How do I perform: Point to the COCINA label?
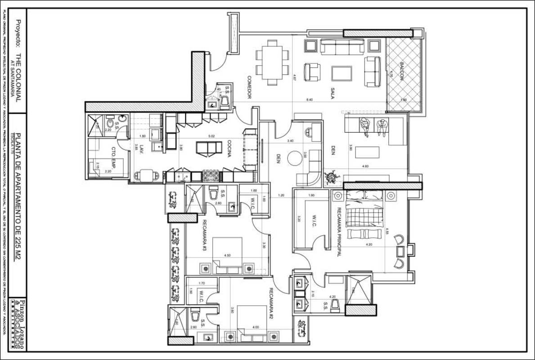click(229, 148)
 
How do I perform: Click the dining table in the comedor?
click(272, 62)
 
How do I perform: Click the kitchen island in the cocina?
click(209, 148)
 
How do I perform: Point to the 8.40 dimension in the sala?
click(309, 99)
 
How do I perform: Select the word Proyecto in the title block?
click(18, 34)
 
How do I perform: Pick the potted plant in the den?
click(332, 177)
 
